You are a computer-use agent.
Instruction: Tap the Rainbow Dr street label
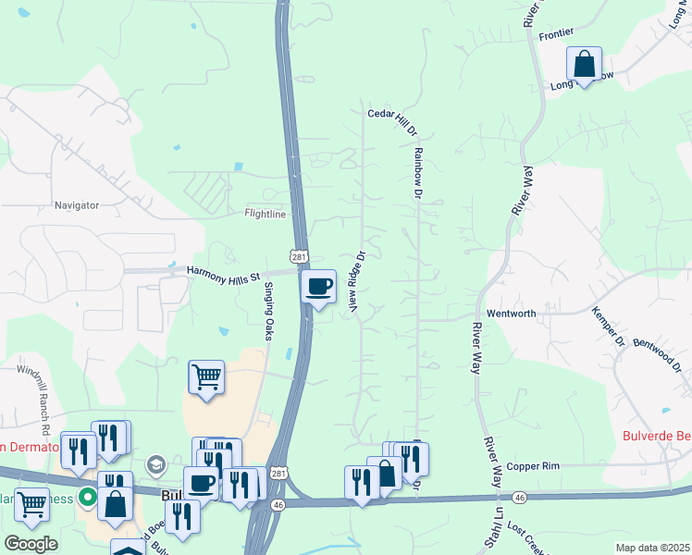click(x=417, y=173)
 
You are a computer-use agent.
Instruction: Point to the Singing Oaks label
click(x=269, y=311)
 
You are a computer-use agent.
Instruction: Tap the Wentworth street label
click(x=511, y=314)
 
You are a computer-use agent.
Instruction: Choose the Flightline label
click(x=265, y=214)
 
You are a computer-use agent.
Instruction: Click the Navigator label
click(x=76, y=204)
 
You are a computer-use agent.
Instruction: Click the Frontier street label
click(x=557, y=33)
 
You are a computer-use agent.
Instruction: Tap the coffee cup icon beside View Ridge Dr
click(x=318, y=286)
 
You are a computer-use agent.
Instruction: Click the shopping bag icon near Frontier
click(x=584, y=65)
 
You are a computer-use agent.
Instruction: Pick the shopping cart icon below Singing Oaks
click(x=206, y=376)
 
